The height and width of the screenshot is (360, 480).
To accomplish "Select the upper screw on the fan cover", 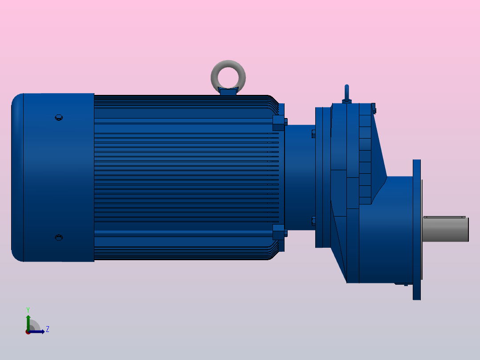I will pos(58,118).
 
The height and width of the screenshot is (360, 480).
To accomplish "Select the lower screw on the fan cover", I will pos(58,237).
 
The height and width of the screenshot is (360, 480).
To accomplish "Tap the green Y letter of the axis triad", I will pos(28,309).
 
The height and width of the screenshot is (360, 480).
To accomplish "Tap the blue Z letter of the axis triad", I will pos(47,329).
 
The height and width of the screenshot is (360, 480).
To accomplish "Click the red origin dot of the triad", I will pos(28,332).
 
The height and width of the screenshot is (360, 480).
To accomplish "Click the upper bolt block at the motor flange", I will pos(278,123).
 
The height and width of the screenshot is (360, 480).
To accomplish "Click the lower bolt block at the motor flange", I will pos(278,232).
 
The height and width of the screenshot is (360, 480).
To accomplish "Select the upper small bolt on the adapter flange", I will pos(313,133).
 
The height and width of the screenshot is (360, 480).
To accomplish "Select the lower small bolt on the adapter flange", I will pos(313,221).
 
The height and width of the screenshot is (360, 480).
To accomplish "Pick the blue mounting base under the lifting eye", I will pos(228,92).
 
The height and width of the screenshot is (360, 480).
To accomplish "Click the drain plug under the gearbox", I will pos(406,284).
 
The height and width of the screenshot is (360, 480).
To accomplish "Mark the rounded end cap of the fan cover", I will pos(17,177).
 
